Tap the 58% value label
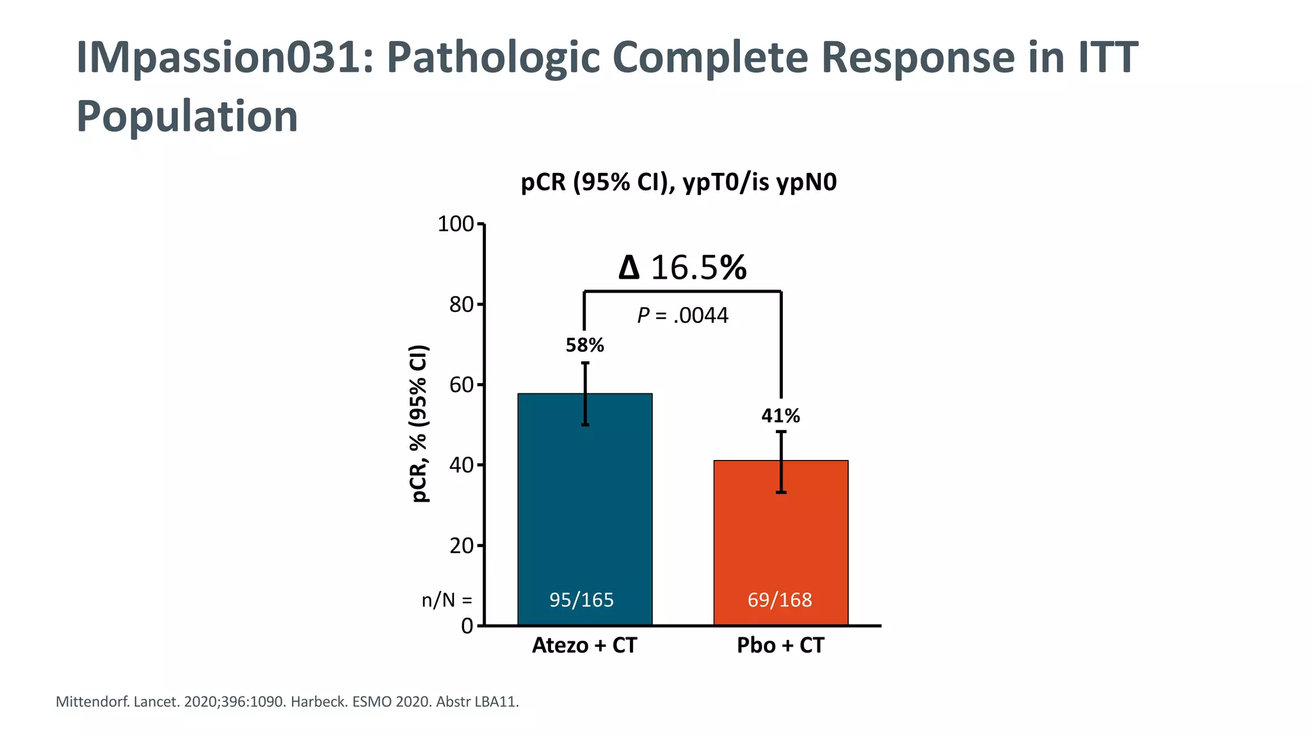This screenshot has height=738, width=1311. pyautogui.click(x=584, y=346)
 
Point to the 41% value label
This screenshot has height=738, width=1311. pyautogui.click(x=780, y=416)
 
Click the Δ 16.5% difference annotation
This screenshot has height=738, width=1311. pyautogui.click(x=682, y=268)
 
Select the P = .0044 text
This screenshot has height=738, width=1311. pyautogui.click(x=682, y=316)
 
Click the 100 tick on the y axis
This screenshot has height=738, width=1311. pyautogui.click(x=455, y=224)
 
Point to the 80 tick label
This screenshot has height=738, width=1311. pyautogui.click(x=461, y=305)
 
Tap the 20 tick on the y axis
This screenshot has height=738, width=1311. pyautogui.click(x=461, y=546)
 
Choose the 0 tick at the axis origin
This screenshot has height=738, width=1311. pyautogui.click(x=467, y=626)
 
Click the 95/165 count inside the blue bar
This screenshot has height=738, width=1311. pyautogui.click(x=581, y=600)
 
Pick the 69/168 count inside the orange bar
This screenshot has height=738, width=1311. pyautogui.click(x=780, y=600)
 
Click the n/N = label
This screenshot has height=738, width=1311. pyautogui.click(x=447, y=601)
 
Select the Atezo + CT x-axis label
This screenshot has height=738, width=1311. pyautogui.click(x=584, y=645)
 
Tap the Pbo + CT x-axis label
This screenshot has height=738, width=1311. pyautogui.click(x=780, y=645)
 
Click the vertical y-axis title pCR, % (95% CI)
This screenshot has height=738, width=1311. pyautogui.click(x=419, y=423)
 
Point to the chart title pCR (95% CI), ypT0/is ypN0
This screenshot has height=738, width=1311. pyautogui.click(x=679, y=183)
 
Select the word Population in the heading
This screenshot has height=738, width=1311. pyautogui.click(x=187, y=117)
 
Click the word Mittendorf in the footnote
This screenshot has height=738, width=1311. pyautogui.click(x=92, y=702)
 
